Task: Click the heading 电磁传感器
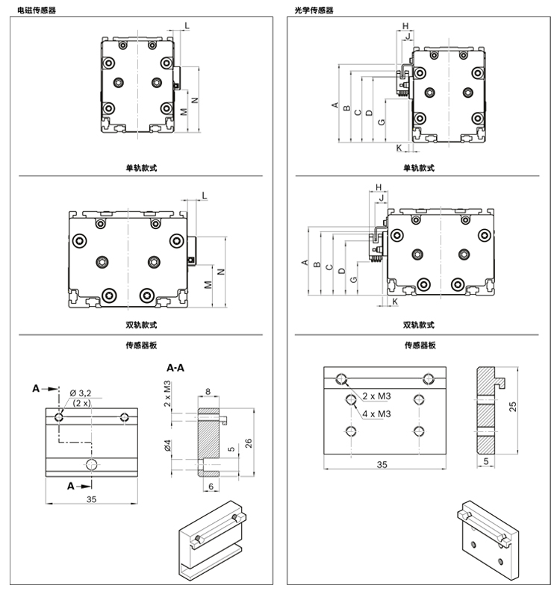(x=36, y=10)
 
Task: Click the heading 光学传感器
(x=314, y=10)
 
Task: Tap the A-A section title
(x=175, y=368)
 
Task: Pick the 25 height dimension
(x=512, y=405)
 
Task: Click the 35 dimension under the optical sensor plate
(x=382, y=464)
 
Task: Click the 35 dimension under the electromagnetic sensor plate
(x=92, y=498)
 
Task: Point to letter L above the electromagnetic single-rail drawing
(x=187, y=26)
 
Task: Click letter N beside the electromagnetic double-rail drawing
(x=222, y=270)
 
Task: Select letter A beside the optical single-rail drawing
(x=335, y=104)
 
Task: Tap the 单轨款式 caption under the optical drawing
(x=418, y=168)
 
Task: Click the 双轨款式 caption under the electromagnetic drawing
(x=141, y=325)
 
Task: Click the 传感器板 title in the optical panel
(x=420, y=346)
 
